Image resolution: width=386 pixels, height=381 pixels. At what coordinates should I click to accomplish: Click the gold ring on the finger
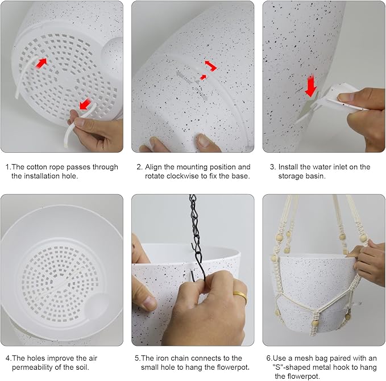(x=240, y=296)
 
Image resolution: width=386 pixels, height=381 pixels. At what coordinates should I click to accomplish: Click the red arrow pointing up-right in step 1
(x=41, y=63)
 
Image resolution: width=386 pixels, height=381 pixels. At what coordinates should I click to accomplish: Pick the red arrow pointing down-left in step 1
(x=85, y=104)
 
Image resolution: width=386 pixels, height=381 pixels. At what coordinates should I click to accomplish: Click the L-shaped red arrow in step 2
(x=211, y=66)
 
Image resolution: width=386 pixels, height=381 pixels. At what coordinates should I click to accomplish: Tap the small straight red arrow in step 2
(x=203, y=77)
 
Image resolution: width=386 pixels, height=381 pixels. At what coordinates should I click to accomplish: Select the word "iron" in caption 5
(x=162, y=358)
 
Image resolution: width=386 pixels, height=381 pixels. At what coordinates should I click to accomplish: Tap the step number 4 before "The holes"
(x=7, y=358)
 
